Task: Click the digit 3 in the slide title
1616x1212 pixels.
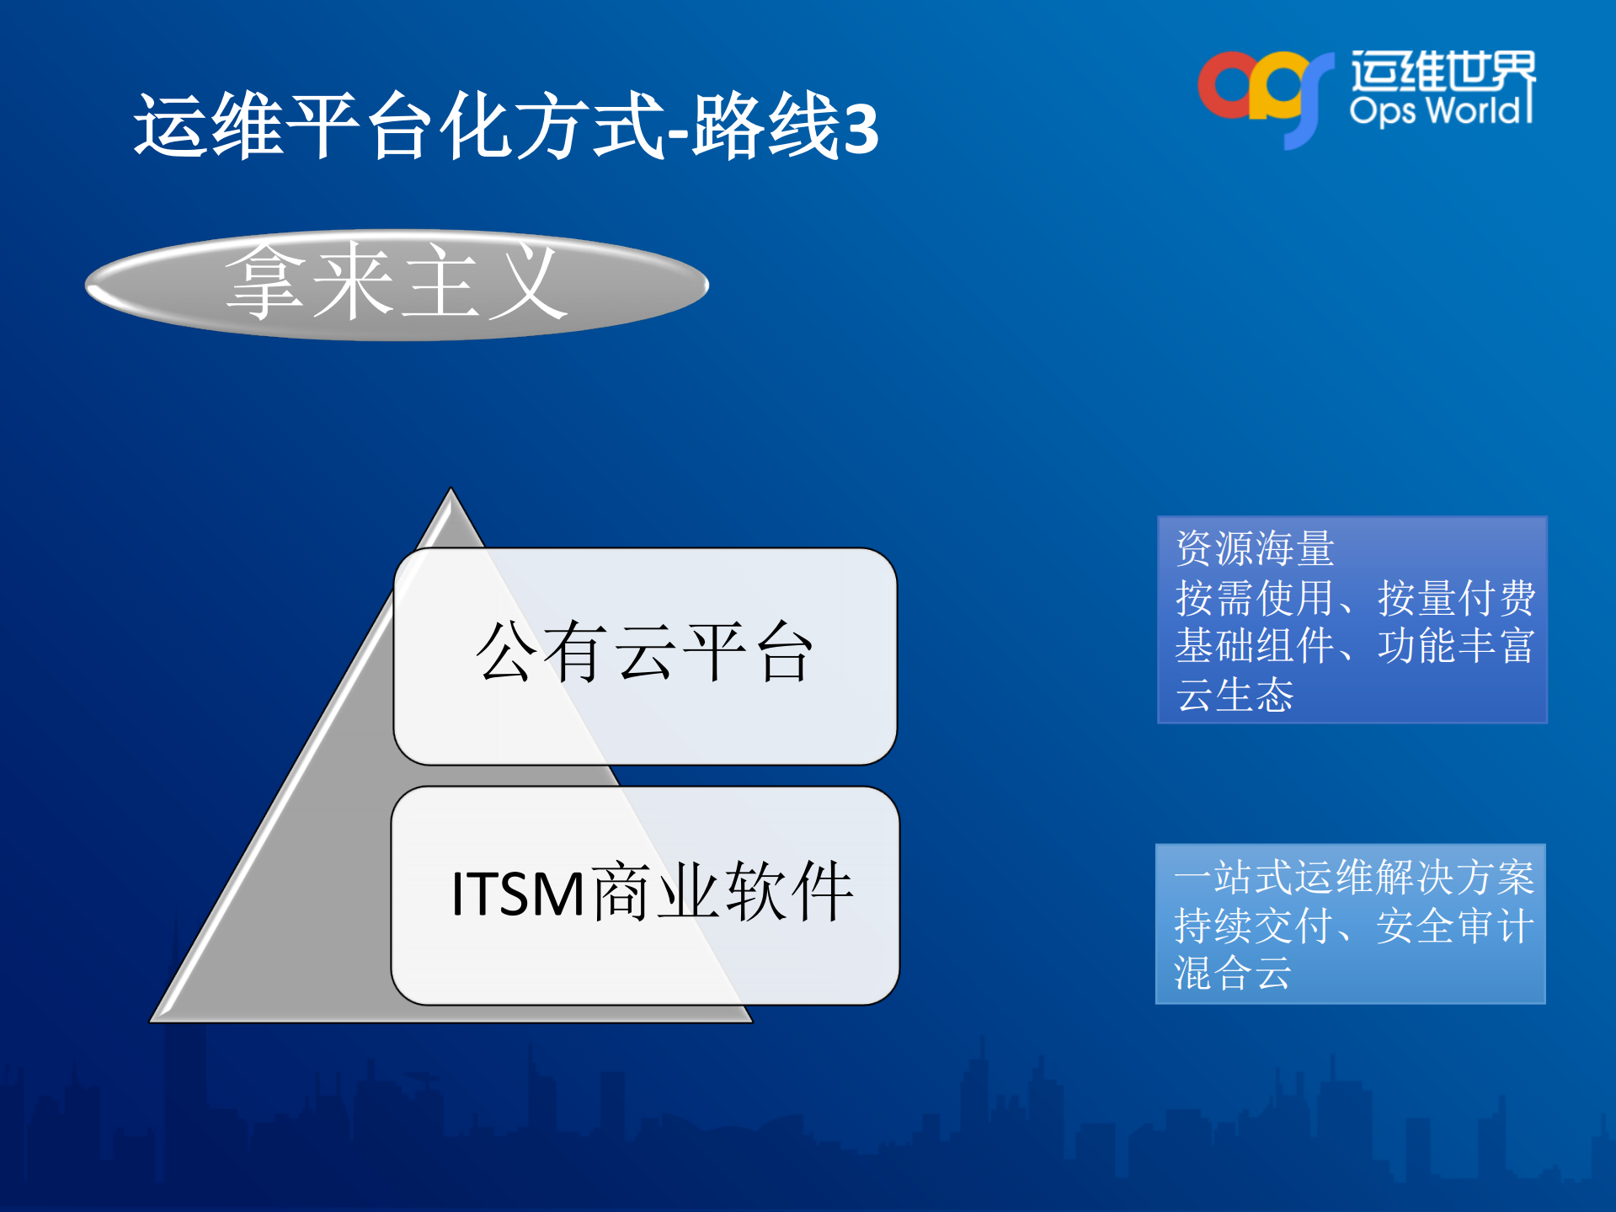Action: (860, 129)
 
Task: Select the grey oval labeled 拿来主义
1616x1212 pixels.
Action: (396, 285)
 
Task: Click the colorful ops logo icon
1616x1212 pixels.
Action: (1263, 93)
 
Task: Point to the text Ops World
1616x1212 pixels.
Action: (1440, 111)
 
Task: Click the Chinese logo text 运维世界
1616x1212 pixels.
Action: (1442, 71)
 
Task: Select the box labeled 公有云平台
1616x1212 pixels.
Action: (644, 655)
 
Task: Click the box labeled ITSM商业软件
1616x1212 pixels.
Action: (644, 894)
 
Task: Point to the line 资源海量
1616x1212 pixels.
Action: (1255, 549)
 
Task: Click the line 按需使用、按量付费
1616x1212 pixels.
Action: (1354, 598)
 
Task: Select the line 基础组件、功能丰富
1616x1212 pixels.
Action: (1354, 646)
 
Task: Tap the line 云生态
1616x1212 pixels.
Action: (1235, 695)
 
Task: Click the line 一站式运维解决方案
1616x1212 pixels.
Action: (1354, 878)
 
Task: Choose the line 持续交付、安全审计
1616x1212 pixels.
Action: (1354, 926)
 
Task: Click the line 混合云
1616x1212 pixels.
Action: (1233, 974)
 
